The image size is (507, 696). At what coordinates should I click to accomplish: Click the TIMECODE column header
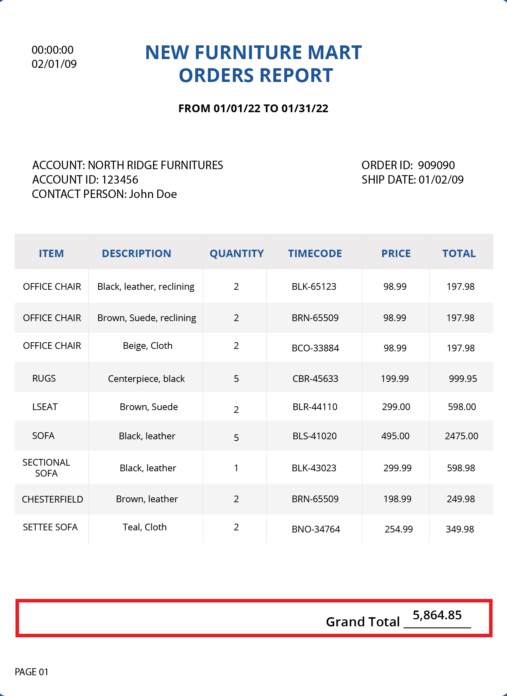pos(315,254)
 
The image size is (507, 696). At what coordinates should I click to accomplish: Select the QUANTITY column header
pos(236,254)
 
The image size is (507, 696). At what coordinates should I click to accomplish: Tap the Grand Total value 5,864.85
pos(437,615)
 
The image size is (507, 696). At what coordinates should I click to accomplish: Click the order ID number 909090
pos(436,165)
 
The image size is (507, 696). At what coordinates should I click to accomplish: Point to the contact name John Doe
pos(153,194)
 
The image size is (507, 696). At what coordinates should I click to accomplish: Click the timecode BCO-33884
pos(315,348)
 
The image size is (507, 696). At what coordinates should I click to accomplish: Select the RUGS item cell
pos(44,378)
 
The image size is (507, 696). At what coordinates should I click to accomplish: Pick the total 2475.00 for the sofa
pos(461,436)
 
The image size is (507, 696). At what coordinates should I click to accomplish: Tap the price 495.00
pos(395,436)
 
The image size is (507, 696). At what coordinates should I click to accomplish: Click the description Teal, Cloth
pos(145,527)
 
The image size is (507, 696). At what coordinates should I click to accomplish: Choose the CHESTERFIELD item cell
pos(52,499)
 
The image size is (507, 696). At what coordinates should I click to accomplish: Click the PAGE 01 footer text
pos(32,672)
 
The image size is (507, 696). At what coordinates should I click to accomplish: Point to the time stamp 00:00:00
pos(53,50)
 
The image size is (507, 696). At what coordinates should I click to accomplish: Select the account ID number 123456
pos(120,180)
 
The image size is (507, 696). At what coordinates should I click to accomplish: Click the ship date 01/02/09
pos(441,180)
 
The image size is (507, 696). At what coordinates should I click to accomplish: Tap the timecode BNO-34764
pos(316,529)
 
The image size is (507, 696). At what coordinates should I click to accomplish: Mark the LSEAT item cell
pos(45,407)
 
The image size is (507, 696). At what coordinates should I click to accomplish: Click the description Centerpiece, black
pos(146,379)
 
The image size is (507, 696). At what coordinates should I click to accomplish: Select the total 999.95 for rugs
pos(463,379)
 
